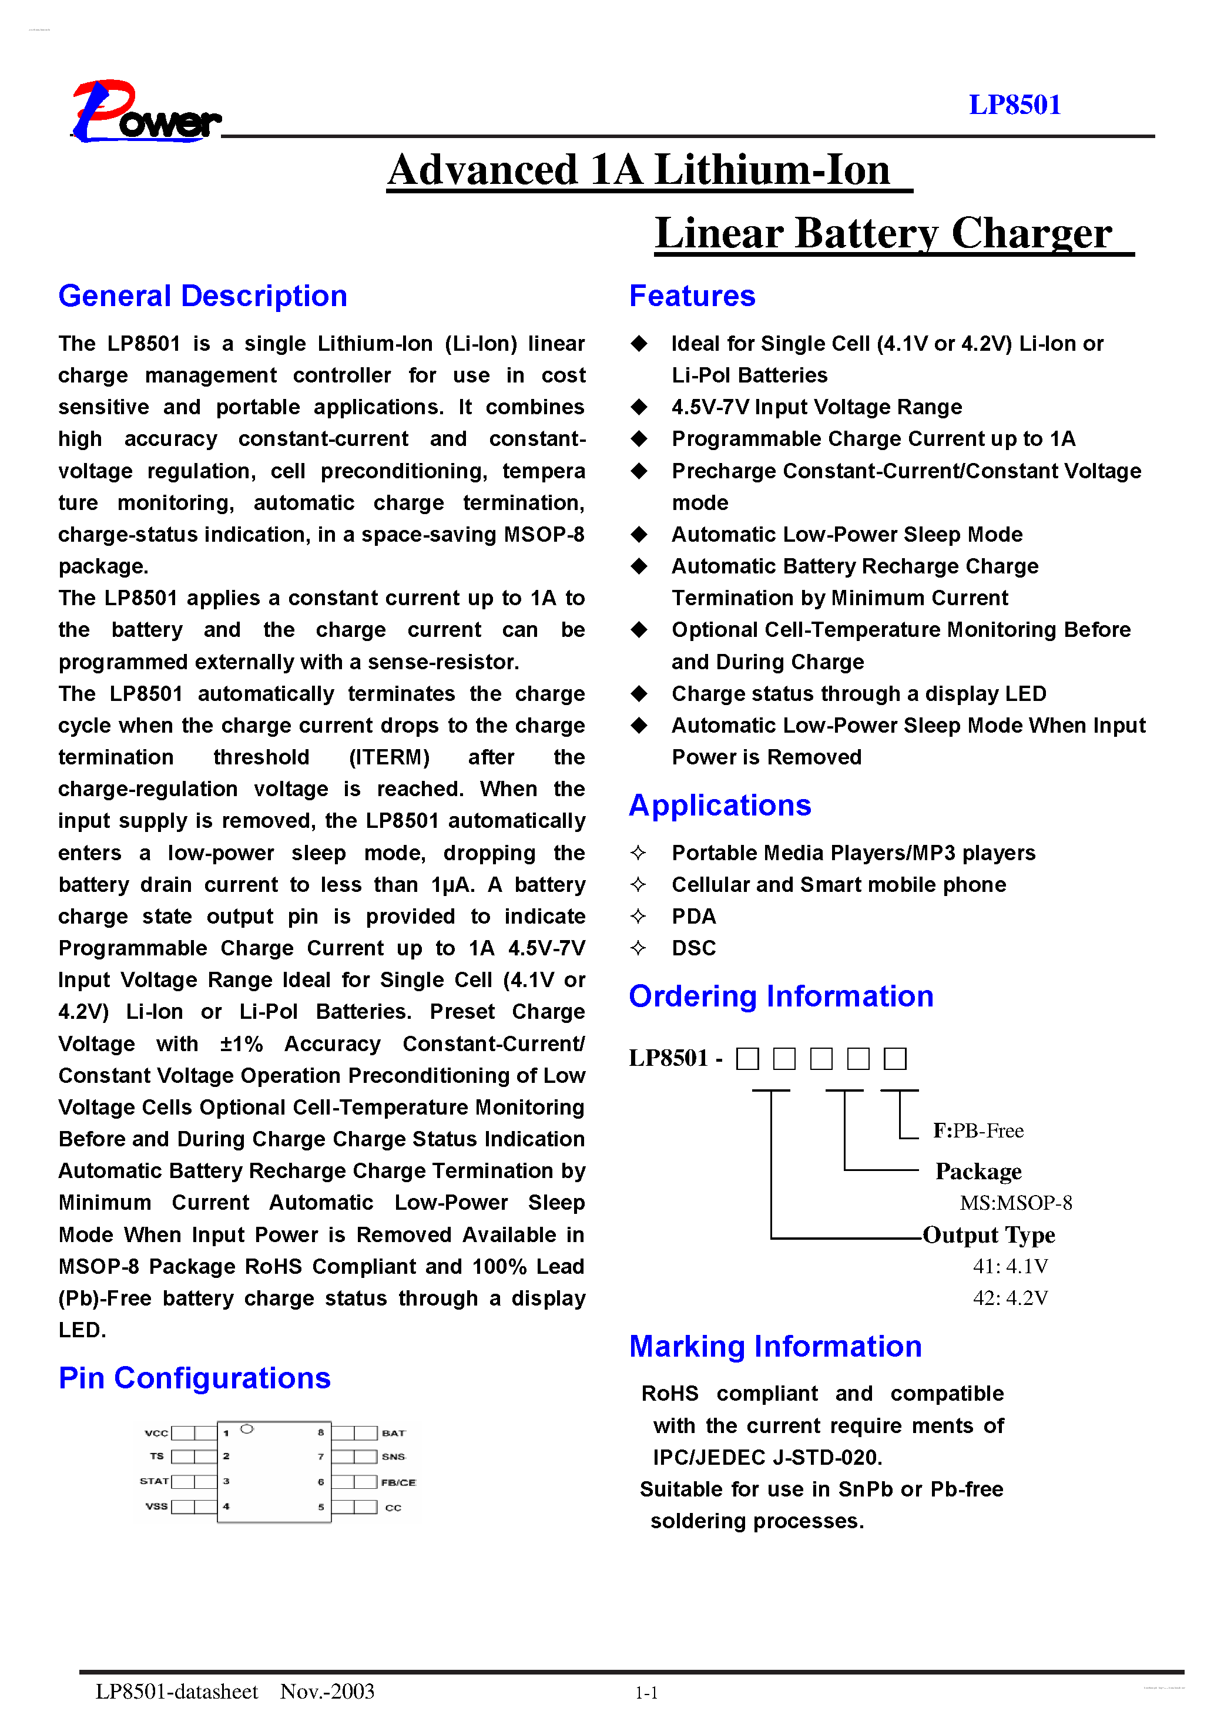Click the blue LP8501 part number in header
pyautogui.click(x=1014, y=105)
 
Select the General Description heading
pyautogui.click(x=203, y=296)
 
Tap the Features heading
pyautogui.click(x=692, y=296)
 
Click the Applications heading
pyautogui.click(x=719, y=806)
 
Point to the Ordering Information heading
pyautogui.click(x=781, y=996)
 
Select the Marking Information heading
pyautogui.click(x=774, y=1347)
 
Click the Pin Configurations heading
pyautogui.click(x=194, y=1378)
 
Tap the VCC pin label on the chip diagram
pyautogui.click(x=156, y=1433)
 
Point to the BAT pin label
pyautogui.click(x=393, y=1433)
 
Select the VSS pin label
pyautogui.click(x=156, y=1506)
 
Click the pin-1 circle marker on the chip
pyautogui.click(x=246, y=1429)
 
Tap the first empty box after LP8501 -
pyautogui.click(x=747, y=1059)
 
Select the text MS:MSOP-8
pyautogui.click(x=1015, y=1203)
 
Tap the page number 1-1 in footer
pyautogui.click(x=646, y=1693)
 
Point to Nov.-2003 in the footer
pyautogui.click(x=327, y=1691)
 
